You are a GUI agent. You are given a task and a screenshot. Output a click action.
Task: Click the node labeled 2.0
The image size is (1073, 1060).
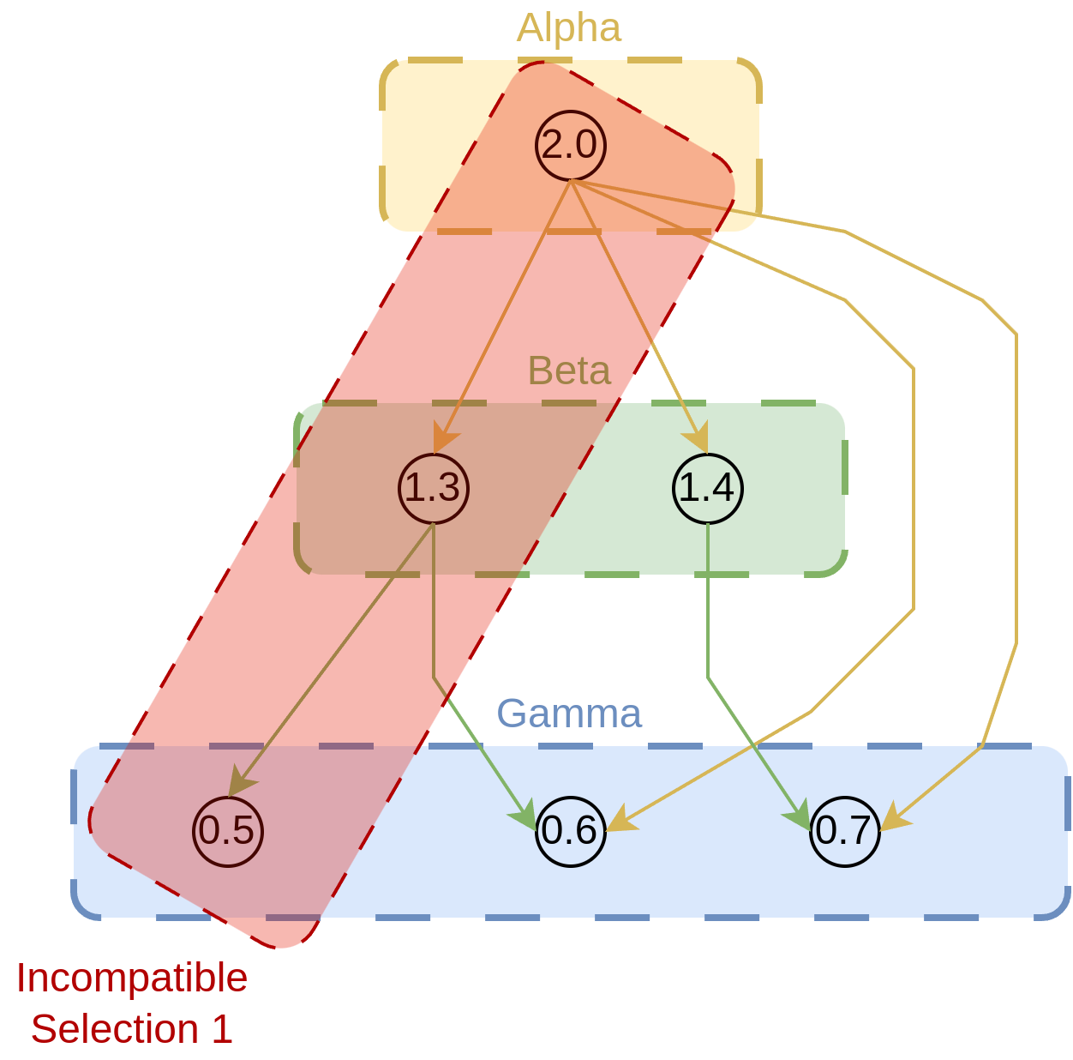pyautogui.click(x=571, y=146)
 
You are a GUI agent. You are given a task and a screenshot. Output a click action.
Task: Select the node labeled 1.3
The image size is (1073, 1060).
pyautogui.click(x=434, y=488)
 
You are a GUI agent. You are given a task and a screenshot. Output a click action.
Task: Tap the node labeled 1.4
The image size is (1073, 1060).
pyautogui.click(x=707, y=488)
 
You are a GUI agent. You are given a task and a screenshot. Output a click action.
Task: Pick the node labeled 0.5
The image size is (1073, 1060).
pyautogui.click(x=228, y=831)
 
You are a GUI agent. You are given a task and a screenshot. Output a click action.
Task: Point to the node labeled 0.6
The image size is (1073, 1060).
pyautogui.click(x=571, y=831)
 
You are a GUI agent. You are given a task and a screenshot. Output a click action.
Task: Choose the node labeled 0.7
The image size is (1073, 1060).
pyautogui.click(x=845, y=831)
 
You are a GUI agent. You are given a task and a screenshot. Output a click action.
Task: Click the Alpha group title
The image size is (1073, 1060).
pyautogui.click(x=569, y=28)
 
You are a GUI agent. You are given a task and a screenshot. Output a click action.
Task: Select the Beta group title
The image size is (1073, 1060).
pyautogui.click(x=569, y=371)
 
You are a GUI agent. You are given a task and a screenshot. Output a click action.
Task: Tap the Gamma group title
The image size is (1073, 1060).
pyautogui.click(x=569, y=714)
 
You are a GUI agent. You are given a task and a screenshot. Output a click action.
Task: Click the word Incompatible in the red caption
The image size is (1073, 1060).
pyautogui.click(x=132, y=978)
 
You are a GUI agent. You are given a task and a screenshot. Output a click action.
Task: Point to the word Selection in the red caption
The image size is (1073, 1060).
pyautogui.click(x=115, y=1029)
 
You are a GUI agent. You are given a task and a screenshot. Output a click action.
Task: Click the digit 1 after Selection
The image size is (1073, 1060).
pyautogui.click(x=222, y=1029)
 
